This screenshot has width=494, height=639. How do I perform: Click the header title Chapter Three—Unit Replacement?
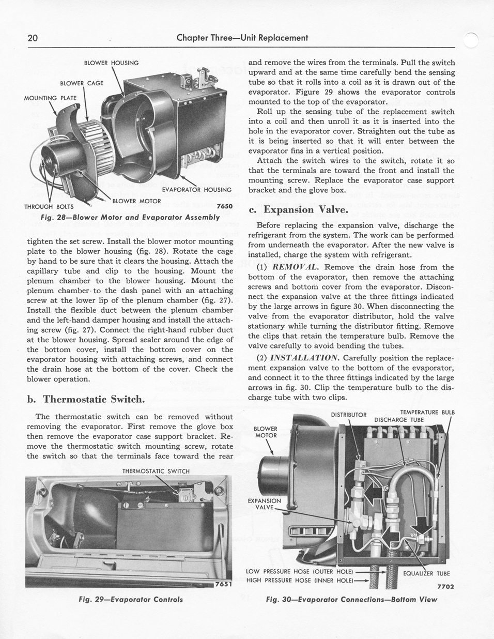coord(242,38)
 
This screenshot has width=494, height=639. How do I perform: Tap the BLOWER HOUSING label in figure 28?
coord(111,63)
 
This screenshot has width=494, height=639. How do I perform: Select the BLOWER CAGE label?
coord(82,83)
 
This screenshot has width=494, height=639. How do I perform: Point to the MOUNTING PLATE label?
coord(50,98)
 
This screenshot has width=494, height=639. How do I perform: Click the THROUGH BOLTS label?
coord(49,206)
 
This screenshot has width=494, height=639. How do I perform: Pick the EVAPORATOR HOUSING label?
coord(197,190)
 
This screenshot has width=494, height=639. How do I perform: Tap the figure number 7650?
coord(225,206)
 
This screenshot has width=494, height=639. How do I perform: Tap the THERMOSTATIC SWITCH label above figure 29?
coord(156,471)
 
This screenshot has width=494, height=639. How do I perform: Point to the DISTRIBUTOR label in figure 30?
coord(348,415)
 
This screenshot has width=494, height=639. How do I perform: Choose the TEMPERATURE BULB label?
coord(427,412)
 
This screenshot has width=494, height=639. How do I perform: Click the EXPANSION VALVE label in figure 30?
coord(264,504)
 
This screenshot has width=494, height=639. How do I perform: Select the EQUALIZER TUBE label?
coord(426,573)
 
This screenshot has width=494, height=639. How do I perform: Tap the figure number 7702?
coord(445,587)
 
